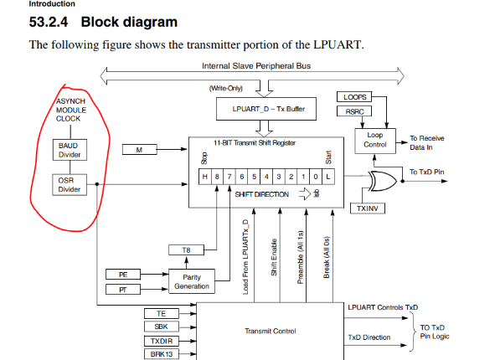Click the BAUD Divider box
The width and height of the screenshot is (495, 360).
click(x=69, y=149)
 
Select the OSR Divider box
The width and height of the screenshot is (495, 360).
click(x=69, y=183)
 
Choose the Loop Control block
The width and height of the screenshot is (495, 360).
click(x=374, y=140)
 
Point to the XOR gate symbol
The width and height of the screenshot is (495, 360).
click(x=384, y=177)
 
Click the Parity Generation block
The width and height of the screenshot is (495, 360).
click(x=191, y=280)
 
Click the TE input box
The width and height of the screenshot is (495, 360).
click(x=161, y=312)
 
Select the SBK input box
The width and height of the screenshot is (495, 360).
click(x=161, y=326)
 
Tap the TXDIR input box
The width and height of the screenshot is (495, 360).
click(x=161, y=341)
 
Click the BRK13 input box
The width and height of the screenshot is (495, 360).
click(x=161, y=354)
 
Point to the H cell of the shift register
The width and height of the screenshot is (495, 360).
click(x=205, y=177)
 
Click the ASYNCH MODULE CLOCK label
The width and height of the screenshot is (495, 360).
click(x=69, y=110)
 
